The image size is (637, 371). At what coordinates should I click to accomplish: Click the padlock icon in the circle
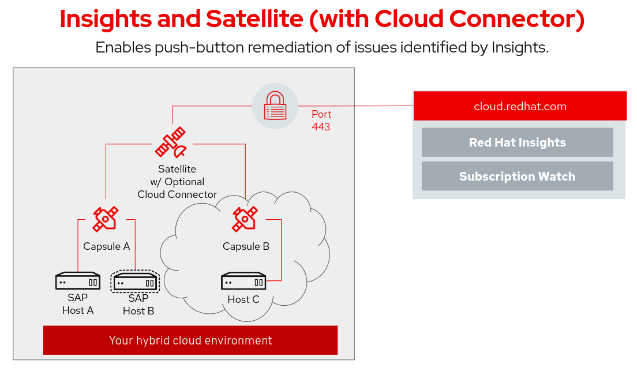[275, 106]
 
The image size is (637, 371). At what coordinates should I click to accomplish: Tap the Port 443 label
[321, 121]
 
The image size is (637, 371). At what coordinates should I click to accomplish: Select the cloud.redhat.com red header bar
[520, 106]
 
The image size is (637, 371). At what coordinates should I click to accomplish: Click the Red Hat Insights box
[517, 143]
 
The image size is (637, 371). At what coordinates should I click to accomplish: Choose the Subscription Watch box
[517, 177]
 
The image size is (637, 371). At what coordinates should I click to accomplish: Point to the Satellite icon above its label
[171, 142]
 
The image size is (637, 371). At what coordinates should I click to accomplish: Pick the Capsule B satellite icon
[245, 219]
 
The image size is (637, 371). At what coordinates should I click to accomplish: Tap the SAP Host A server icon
[78, 282]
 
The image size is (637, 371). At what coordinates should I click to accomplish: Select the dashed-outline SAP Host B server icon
[134, 282]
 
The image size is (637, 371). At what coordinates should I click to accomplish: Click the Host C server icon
[243, 282]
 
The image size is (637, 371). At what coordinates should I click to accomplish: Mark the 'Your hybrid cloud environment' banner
[190, 340]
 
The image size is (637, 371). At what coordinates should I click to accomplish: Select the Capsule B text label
[246, 246]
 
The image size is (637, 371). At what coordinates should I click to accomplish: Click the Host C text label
[243, 299]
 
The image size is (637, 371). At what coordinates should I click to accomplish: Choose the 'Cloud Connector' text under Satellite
[177, 194]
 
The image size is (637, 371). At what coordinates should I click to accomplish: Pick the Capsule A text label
[106, 246]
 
